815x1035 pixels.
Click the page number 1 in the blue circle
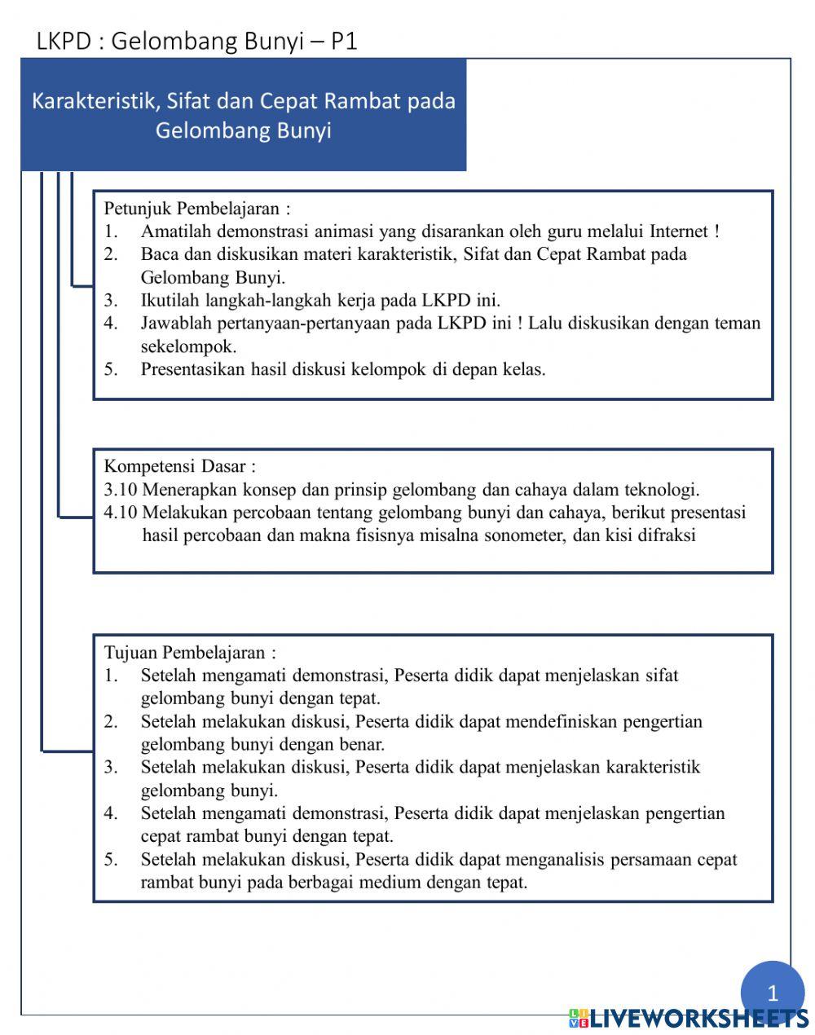(x=772, y=993)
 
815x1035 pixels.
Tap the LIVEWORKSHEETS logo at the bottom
(x=689, y=1017)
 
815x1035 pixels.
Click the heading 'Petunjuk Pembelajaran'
(x=196, y=208)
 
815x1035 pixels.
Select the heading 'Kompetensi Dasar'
(x=179, y=466)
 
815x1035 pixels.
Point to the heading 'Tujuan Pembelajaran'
(x=190, y=653)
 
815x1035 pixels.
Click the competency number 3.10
(x=121, y=490)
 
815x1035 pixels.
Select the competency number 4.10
(x=121, y=513)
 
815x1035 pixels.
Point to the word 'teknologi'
(x=662, y=490)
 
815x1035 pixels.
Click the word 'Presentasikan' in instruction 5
(x=192, y=368)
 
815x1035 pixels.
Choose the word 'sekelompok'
(x=188, y=346)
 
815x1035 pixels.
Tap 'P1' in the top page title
(x=344, y=42)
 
